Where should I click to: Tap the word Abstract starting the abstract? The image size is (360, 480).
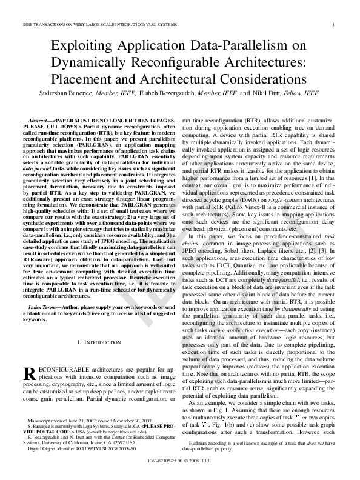(x=39, y=122)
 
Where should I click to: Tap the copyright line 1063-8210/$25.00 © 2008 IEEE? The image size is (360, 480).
(x=180, y=461)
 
